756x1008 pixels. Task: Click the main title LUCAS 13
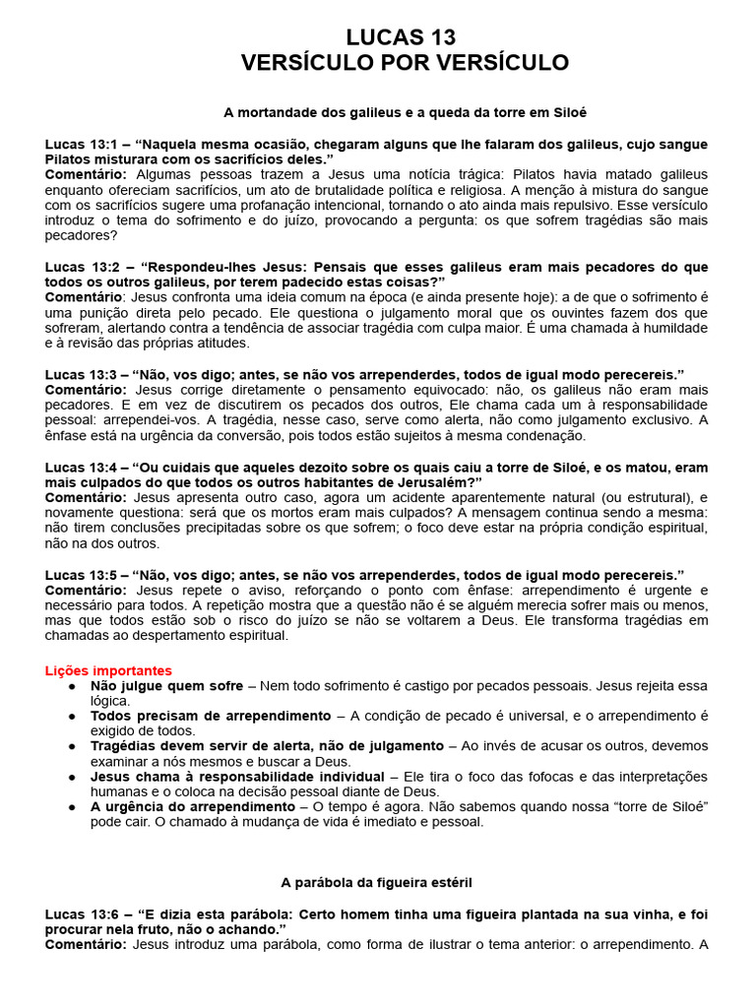pyautogui.click(x=402, y=37)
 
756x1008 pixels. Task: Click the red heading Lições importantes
pyautogui.click(x=108, y=670)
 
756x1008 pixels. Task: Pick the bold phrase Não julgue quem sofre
pyautogui.click(x=166, y=685)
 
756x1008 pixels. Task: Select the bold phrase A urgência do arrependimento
pyautogui.click(x=192, y=806)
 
